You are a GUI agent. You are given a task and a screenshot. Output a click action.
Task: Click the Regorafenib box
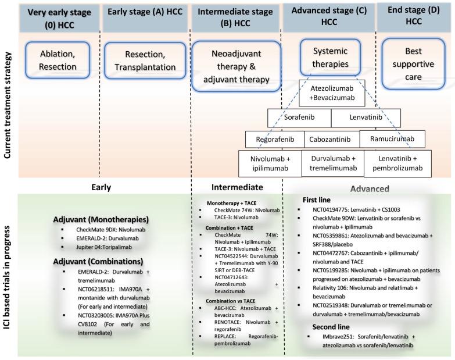click(x=271, y=140)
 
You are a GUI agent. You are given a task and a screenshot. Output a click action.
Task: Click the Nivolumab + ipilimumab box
click(x=272, y=163)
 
